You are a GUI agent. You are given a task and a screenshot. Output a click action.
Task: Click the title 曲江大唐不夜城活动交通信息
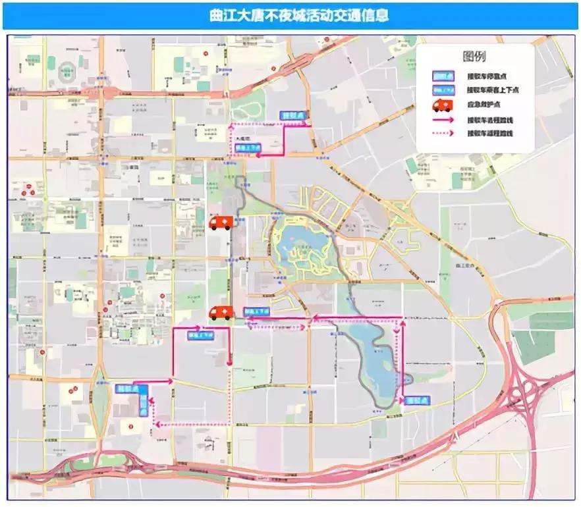(290, 15)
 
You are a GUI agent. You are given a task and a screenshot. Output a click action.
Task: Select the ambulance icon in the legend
(441, 105)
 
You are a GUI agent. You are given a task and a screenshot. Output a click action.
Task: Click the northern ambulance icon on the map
(221, 223)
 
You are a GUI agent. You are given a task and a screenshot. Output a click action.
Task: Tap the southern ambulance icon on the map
(221, 313)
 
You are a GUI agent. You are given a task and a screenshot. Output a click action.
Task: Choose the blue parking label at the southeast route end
(417, 400)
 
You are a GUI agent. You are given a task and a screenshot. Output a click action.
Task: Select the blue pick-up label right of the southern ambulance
(256, 311)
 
